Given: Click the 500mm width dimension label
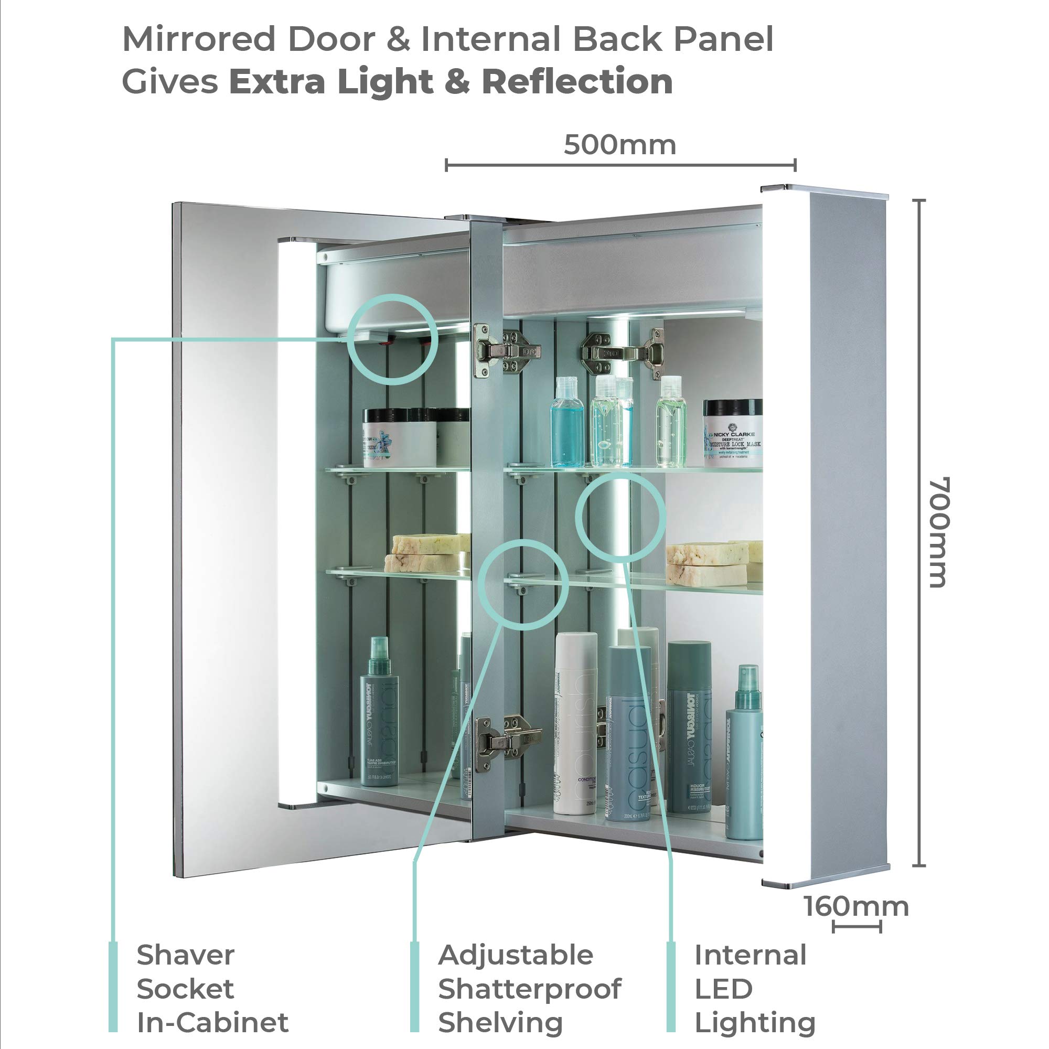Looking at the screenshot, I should (619, 145).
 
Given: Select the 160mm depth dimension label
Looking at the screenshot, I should (855, 906).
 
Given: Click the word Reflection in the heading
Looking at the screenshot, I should (577, 81).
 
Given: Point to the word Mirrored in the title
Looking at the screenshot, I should (199, 39).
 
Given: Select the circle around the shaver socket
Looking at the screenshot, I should (392, 339).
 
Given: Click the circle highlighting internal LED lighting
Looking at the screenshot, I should (620, 516).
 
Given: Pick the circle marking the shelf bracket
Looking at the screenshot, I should (524, 585).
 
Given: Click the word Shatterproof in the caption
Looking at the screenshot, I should (529, 988).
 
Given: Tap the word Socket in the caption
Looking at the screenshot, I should (185, 988).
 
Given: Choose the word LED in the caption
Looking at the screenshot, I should (723, 988).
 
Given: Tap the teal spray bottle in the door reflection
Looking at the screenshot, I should (379, 711).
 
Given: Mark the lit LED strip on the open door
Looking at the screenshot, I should (296, 521).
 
